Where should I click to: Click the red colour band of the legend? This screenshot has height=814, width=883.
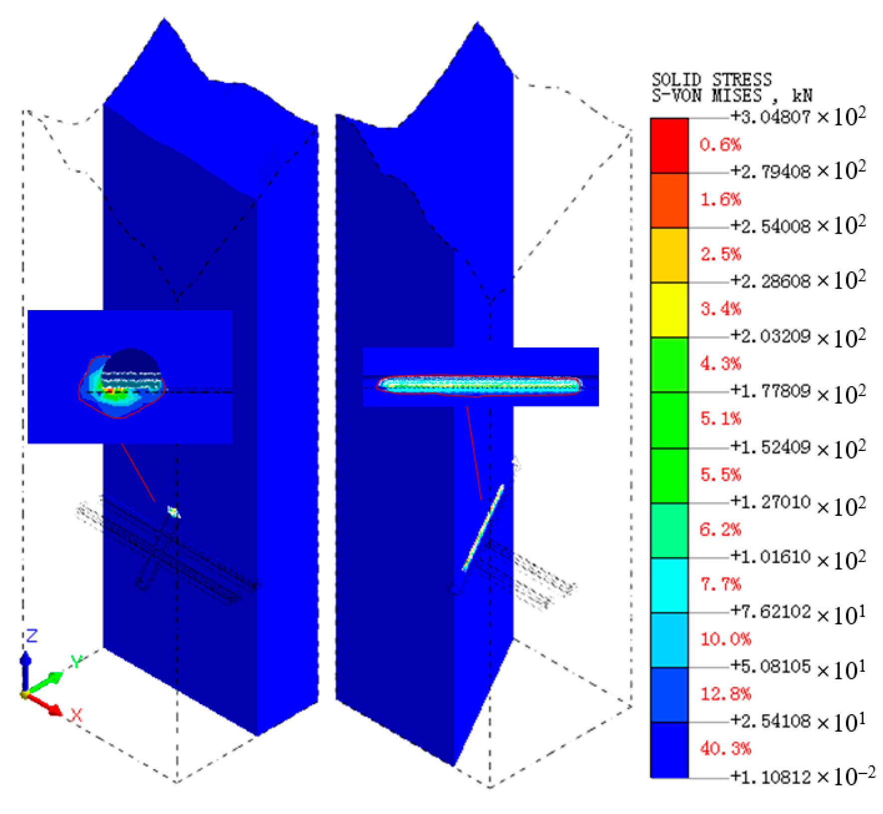(x=669, y=146)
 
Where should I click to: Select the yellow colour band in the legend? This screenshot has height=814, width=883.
(x=669, y=310)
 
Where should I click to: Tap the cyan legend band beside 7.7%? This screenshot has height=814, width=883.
(x=669, y=585)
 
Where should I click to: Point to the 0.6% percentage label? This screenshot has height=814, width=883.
(x=720, y=145)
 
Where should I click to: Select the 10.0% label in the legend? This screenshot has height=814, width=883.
(x=725, y=639)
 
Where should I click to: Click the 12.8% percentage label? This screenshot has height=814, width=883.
(x=725, y=694)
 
